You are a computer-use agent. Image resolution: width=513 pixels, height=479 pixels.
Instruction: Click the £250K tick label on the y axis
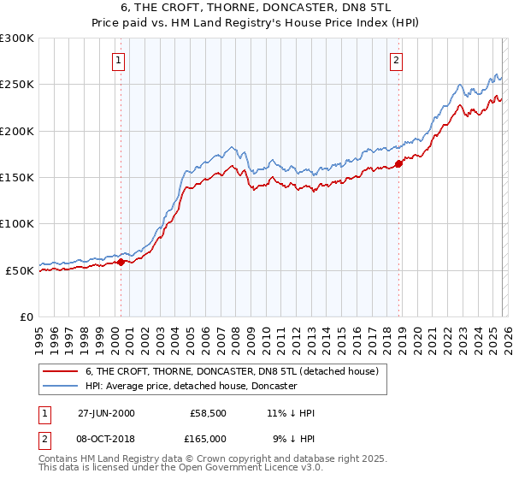pos(17,85)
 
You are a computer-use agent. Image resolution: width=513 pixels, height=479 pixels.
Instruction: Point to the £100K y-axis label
pos(17,224)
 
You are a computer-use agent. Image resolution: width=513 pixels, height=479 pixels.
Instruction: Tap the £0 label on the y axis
pos(26,316)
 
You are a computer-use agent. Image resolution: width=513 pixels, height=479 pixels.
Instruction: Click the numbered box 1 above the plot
pos(117,60)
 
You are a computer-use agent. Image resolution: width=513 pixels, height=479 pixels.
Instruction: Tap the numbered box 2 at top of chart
pos(397,60)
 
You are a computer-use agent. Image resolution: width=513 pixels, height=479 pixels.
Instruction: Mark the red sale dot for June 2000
pos(121,263)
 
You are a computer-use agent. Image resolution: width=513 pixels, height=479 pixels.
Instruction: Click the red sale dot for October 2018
pos(399,163)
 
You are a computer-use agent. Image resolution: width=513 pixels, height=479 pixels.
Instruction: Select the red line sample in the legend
pos(62,371)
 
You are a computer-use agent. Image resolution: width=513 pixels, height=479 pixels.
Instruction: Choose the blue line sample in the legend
pos(62,386)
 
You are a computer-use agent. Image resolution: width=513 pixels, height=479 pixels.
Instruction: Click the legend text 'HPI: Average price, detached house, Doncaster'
pos(191,386)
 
